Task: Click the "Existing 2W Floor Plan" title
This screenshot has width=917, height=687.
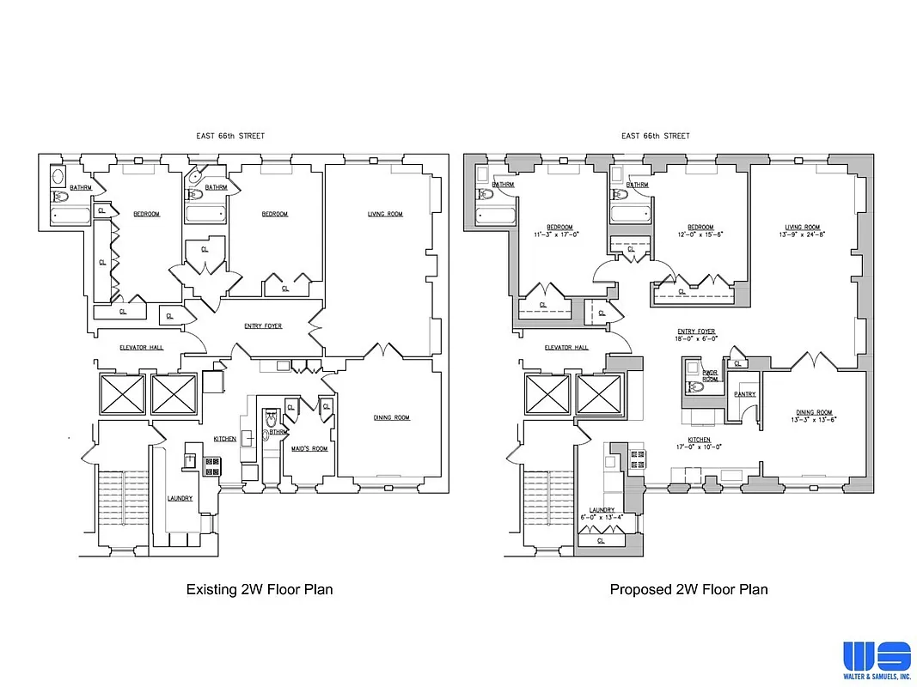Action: pyautogui.click(x=260, y=589)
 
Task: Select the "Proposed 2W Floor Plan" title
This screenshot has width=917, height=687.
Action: pyautogui.click(x=688, y=589)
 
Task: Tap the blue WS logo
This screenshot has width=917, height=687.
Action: pyautogui.click(x=876, y=656)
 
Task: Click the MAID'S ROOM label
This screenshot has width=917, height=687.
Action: pyautogui.click(x=309, y=449)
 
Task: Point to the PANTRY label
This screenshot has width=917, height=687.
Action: pyautogui.click(x=744, y=394)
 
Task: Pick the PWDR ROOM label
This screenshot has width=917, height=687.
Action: pyautogui.click(x=710, y=376)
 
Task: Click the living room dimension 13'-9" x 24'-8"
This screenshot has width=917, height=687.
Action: pyautogui.click(x=799, y=234)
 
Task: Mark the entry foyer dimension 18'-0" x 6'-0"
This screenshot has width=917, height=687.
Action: pyautogui.click(x=696, y=338)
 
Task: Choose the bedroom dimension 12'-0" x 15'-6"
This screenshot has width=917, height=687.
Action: pyautogui.click(x=700, y=234)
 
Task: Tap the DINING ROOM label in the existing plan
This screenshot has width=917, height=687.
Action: pyautogui.click(x=391, y=417)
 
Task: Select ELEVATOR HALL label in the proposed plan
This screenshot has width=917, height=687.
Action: pyautogui.click(x=566, y=348)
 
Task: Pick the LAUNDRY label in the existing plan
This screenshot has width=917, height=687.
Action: pyautogui.click(x=180, y=498)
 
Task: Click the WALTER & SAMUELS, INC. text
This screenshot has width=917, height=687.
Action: pyautogui.click(x=876, y=677)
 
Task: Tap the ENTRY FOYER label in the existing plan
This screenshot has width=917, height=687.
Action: pyautogui.click(x=263, y=326)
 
